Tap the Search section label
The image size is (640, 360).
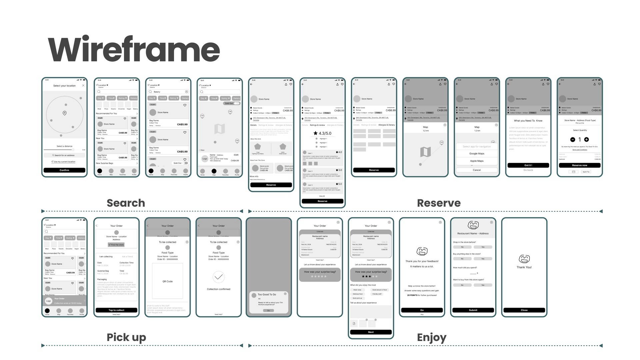coord(126,203)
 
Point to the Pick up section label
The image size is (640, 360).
coord(126,337)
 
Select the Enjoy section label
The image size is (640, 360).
coord(431,338)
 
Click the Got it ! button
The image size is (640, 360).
coord(528,165)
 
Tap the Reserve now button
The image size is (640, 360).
coord(579,165)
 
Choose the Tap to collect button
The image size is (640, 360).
coord(116,310)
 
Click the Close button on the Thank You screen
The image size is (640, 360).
coord(524,310)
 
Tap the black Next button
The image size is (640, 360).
coord(371,332)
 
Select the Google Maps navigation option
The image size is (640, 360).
coord(477,154)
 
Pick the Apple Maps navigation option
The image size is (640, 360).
coord(477,161)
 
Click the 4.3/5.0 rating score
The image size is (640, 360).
coord(322,133)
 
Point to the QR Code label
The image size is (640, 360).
coord(167,281)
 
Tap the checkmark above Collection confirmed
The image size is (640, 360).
coord(219,277)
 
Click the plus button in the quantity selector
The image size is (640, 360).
coord(586,140)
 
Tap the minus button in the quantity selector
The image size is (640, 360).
coord(573,140)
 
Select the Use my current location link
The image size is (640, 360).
coord(64,162)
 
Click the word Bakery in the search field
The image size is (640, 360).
coord(157,92)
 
